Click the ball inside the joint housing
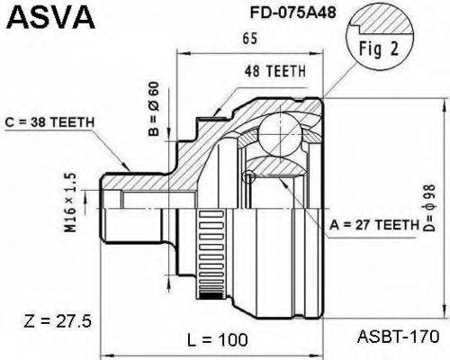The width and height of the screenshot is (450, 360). [278, 135]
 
